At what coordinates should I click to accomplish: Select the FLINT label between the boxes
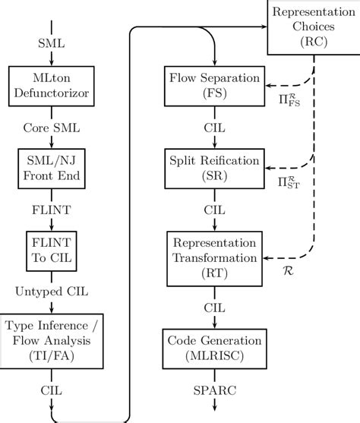click(50, 210)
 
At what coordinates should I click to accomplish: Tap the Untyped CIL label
click(50, 292)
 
